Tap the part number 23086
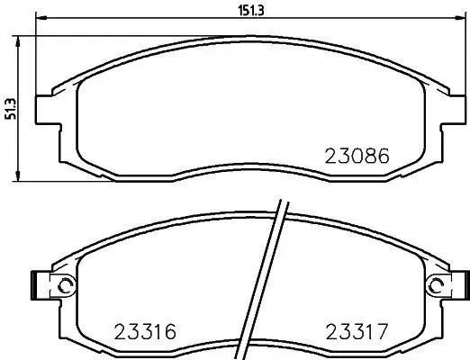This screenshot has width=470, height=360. pyautogui.click(x=356, y=154)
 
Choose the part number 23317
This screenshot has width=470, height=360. pyautogui.click(x=355, y=330)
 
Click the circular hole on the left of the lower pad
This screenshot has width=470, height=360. pyautogui.click(x=63, y=285)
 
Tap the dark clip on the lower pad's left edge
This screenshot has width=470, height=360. pyautogui.click(x=34, y=285)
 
